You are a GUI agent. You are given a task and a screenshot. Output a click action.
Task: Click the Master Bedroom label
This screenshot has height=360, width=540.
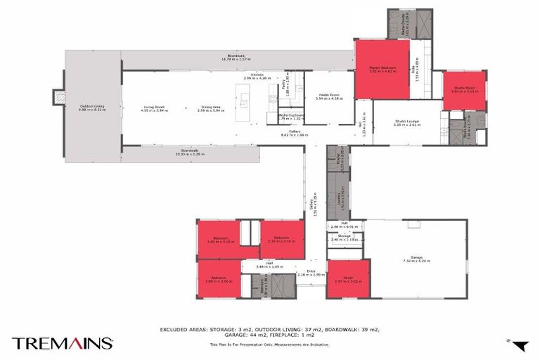[382, 69]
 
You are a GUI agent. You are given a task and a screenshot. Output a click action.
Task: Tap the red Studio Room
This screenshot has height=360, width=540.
[464, 91]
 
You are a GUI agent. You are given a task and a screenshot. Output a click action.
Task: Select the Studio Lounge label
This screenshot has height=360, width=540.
[407, 122]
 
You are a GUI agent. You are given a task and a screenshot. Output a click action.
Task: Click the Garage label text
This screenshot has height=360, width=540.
[416, 259]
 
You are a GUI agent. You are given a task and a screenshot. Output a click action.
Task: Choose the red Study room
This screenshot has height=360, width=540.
[348, 280]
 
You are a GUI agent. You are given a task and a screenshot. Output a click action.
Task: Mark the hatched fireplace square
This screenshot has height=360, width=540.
[60, 97]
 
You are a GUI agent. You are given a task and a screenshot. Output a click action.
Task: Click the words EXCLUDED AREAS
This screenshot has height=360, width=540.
[184, 328]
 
